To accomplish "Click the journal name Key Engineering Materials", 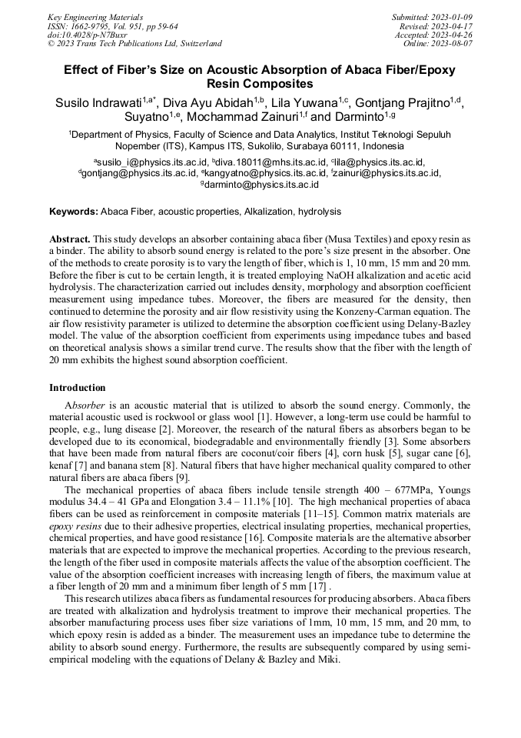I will pyautogui.click(x=95, y=16).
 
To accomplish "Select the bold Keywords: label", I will pyautogui.click(x=74, y=212).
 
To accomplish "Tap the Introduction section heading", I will pyautogui.click(x=78, y=387).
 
